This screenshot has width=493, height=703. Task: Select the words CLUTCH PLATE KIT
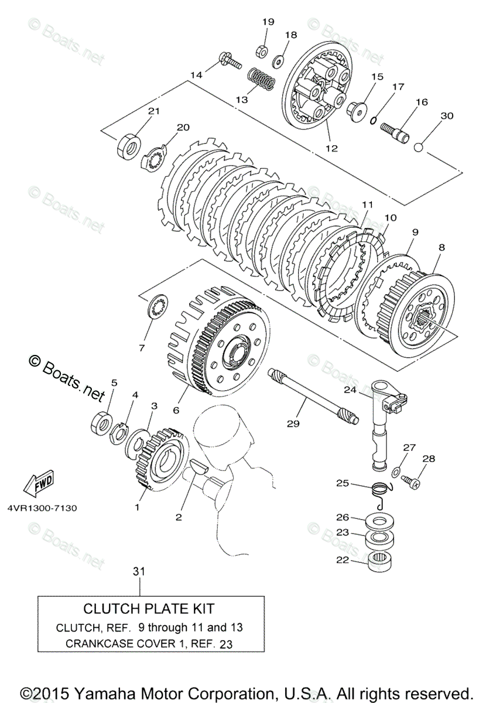[149, 609]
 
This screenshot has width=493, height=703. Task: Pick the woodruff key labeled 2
[199, 467]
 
